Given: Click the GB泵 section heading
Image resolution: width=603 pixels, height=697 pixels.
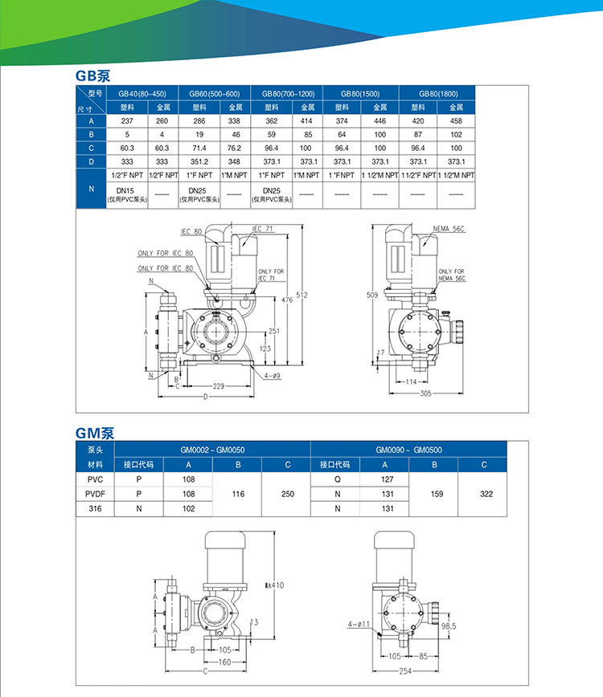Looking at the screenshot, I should (x=92, y=76).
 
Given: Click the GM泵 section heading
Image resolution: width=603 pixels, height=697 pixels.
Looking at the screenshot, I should (x=95, y=432).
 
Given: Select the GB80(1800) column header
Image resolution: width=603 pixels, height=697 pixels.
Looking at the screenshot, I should (x=437, y=93).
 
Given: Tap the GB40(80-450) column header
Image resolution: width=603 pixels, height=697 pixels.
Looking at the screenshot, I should (x=142, y=93).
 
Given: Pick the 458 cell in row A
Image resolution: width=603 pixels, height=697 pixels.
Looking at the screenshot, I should (x=456, y=120).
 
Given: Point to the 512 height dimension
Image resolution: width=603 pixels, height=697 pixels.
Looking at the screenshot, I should (x=302, y=294).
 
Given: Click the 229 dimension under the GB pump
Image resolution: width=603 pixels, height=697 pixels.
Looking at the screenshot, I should (x=218, y=387).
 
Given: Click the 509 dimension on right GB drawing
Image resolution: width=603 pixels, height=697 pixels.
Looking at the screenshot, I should (x=371, y=296).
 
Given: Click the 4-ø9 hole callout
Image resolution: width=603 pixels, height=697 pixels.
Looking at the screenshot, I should (x=271, y=375).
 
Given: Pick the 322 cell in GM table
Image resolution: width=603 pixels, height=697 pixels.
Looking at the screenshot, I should (x=486, y=494).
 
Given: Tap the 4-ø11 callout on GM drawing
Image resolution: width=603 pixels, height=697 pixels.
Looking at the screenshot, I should (x=359, y=623).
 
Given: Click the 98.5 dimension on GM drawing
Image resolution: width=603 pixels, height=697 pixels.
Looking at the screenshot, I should (x=449, y=626).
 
